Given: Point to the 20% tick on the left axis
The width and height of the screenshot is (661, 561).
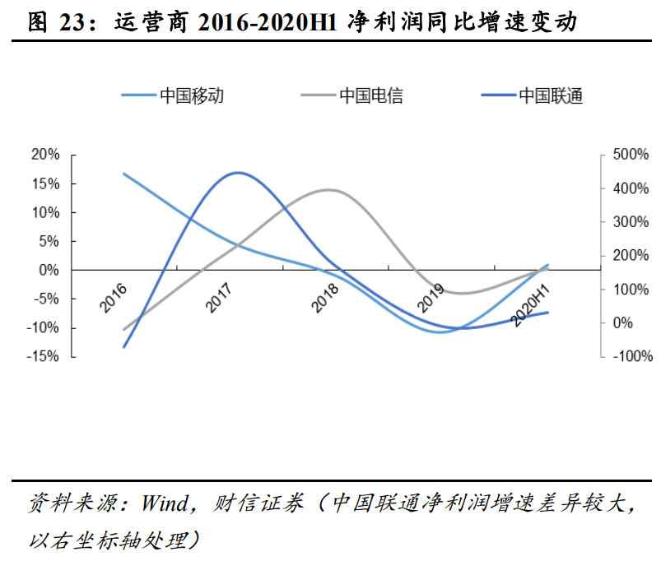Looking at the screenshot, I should (x=45, y=155).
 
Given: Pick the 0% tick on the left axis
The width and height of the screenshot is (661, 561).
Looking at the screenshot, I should (x=49, y=270).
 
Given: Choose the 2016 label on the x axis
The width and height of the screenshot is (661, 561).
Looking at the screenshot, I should (x=114, y=298).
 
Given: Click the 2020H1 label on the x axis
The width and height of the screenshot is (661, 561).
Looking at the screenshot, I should (x=530, y=305).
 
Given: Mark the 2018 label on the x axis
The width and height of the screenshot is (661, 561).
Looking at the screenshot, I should (x=325, y=298).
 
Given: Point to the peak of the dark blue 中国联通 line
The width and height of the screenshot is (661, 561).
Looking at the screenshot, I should (x=238, y=173).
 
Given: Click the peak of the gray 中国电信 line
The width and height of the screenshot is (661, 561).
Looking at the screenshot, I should (x=328, y=189).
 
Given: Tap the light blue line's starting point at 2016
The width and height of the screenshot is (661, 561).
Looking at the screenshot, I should (x=123, y=174).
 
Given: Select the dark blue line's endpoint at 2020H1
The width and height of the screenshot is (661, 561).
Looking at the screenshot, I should (x=548, y=312).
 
